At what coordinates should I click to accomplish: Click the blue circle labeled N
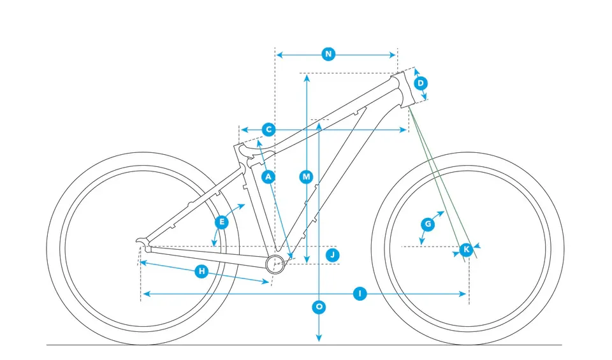pos(328,54)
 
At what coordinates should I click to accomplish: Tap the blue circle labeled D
pos(420,83)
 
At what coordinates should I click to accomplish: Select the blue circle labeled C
pos(268,129)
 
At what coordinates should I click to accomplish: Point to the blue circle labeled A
pos(268,176)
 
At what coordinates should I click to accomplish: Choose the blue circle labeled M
pos(307,176)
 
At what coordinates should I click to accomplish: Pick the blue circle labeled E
pos(222,222)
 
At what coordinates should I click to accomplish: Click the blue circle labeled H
pos(201,271)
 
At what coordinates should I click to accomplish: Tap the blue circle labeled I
pos(360,294)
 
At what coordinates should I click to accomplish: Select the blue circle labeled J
pos(332,255)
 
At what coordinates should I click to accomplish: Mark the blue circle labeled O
pos(319,307)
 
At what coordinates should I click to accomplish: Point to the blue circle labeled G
pos(428,224)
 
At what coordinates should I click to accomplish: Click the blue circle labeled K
pos(466,249)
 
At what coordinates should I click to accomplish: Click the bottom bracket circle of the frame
pos(275,263)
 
